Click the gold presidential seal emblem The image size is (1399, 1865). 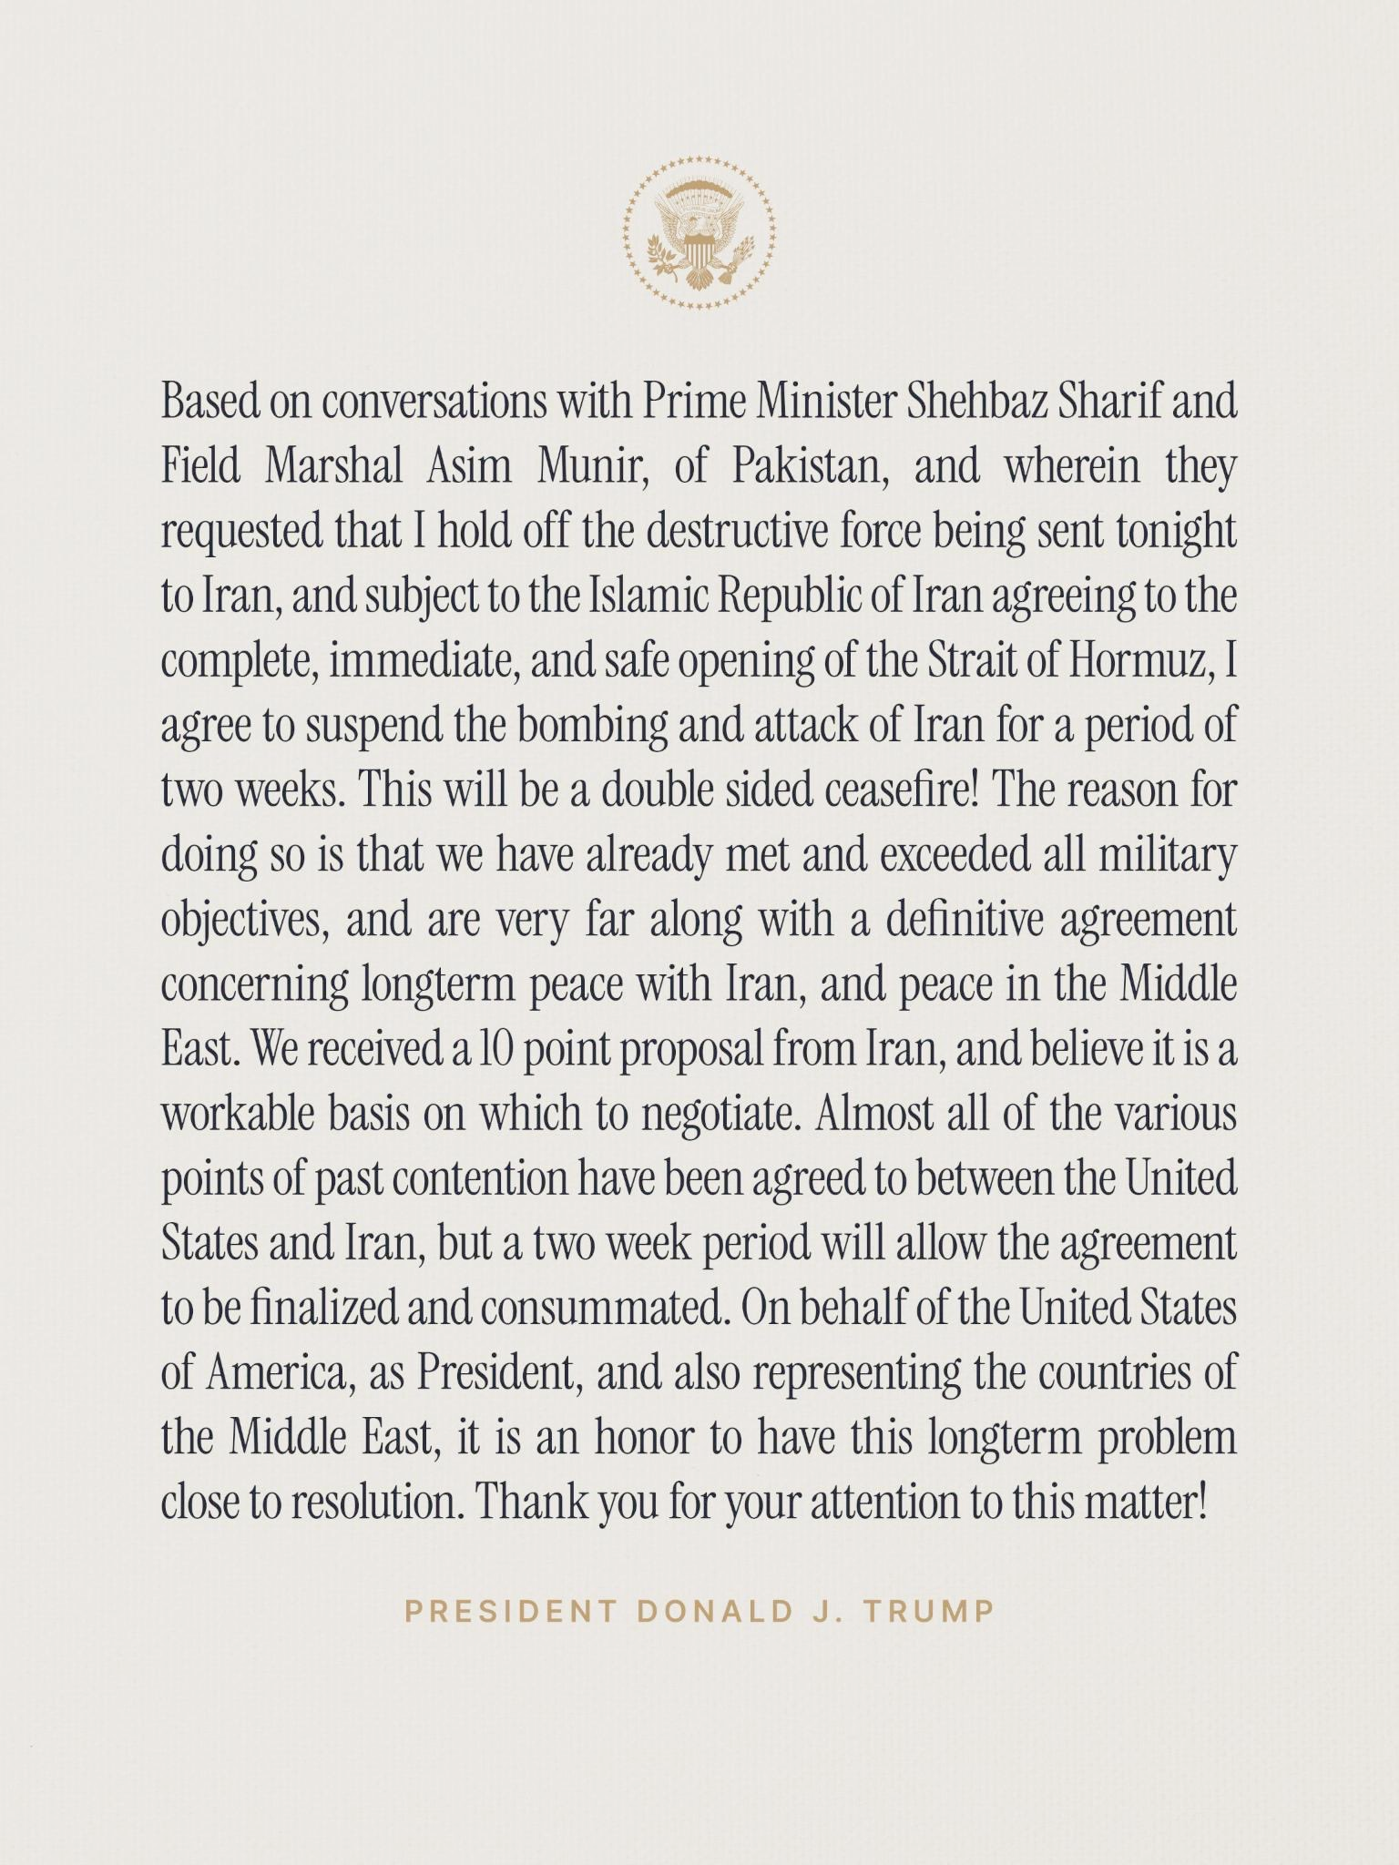(699, 233)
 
